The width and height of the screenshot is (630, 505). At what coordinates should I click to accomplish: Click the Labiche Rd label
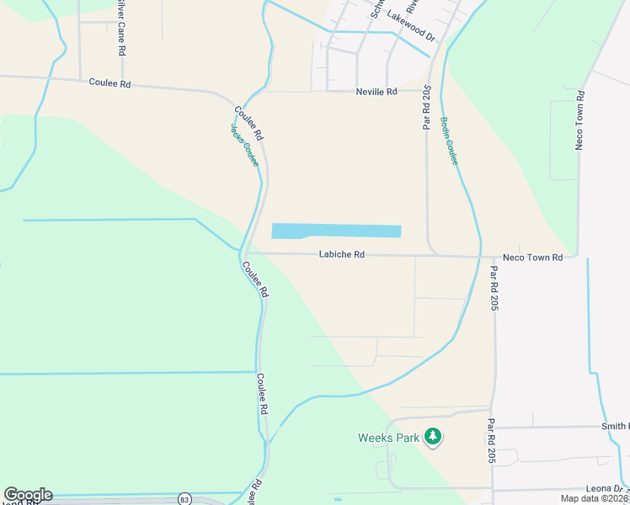click(x=341, y=254)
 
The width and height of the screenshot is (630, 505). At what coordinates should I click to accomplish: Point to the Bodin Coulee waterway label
click(x=449, y=141)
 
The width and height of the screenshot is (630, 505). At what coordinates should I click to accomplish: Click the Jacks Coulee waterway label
click(x=245, y=145)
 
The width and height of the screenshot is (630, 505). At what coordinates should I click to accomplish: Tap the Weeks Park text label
click(x=388, y=438)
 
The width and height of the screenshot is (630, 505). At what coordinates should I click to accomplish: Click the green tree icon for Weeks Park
click(x=433, y=436)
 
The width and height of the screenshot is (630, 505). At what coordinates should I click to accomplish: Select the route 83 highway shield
click(x=184, y=499)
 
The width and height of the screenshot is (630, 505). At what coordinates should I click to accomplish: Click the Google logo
click(x=28, y=495)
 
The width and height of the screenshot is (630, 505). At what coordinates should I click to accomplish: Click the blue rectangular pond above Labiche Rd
click(x=336, y=231)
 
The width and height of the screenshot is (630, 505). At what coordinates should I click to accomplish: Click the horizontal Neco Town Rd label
click(x=532, y=257)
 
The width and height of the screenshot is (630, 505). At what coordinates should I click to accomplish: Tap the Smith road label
click(x=615, y=427)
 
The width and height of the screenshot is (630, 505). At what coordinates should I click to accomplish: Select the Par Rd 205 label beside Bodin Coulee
click(x=427, y=107)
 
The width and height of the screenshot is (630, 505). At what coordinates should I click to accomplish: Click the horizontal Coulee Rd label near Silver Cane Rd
click(x=110, y=83)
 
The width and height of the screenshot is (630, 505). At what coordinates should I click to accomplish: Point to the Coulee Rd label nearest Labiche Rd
click(x=255, y=279)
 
